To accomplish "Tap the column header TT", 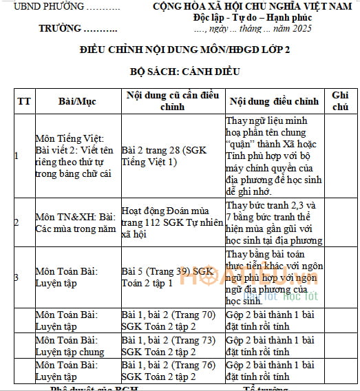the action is point(24,101).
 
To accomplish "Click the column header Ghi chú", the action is point(341,101).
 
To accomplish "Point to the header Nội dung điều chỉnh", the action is point(274,101).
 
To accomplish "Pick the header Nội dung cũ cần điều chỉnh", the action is point(172,101).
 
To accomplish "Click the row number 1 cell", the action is point(17,156).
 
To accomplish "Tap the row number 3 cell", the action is point(17,277).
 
